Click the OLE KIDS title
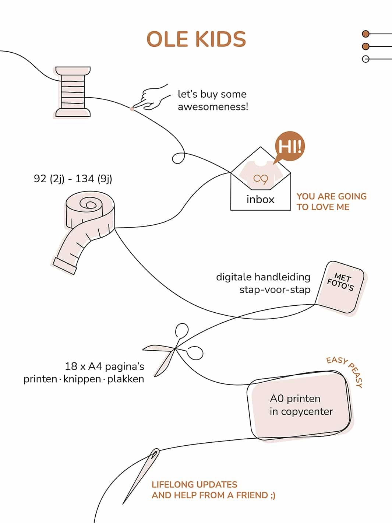[196, 39]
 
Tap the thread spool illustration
[73, 92]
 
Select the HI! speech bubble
[290, 147]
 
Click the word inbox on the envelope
[260, 200]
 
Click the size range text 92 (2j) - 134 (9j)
[73, 179]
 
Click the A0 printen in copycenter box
[300, 405]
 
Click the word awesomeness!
[213, 107]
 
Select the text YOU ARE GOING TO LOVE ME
[331, 201]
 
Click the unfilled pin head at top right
[365, 59]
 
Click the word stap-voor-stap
[275, 290]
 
